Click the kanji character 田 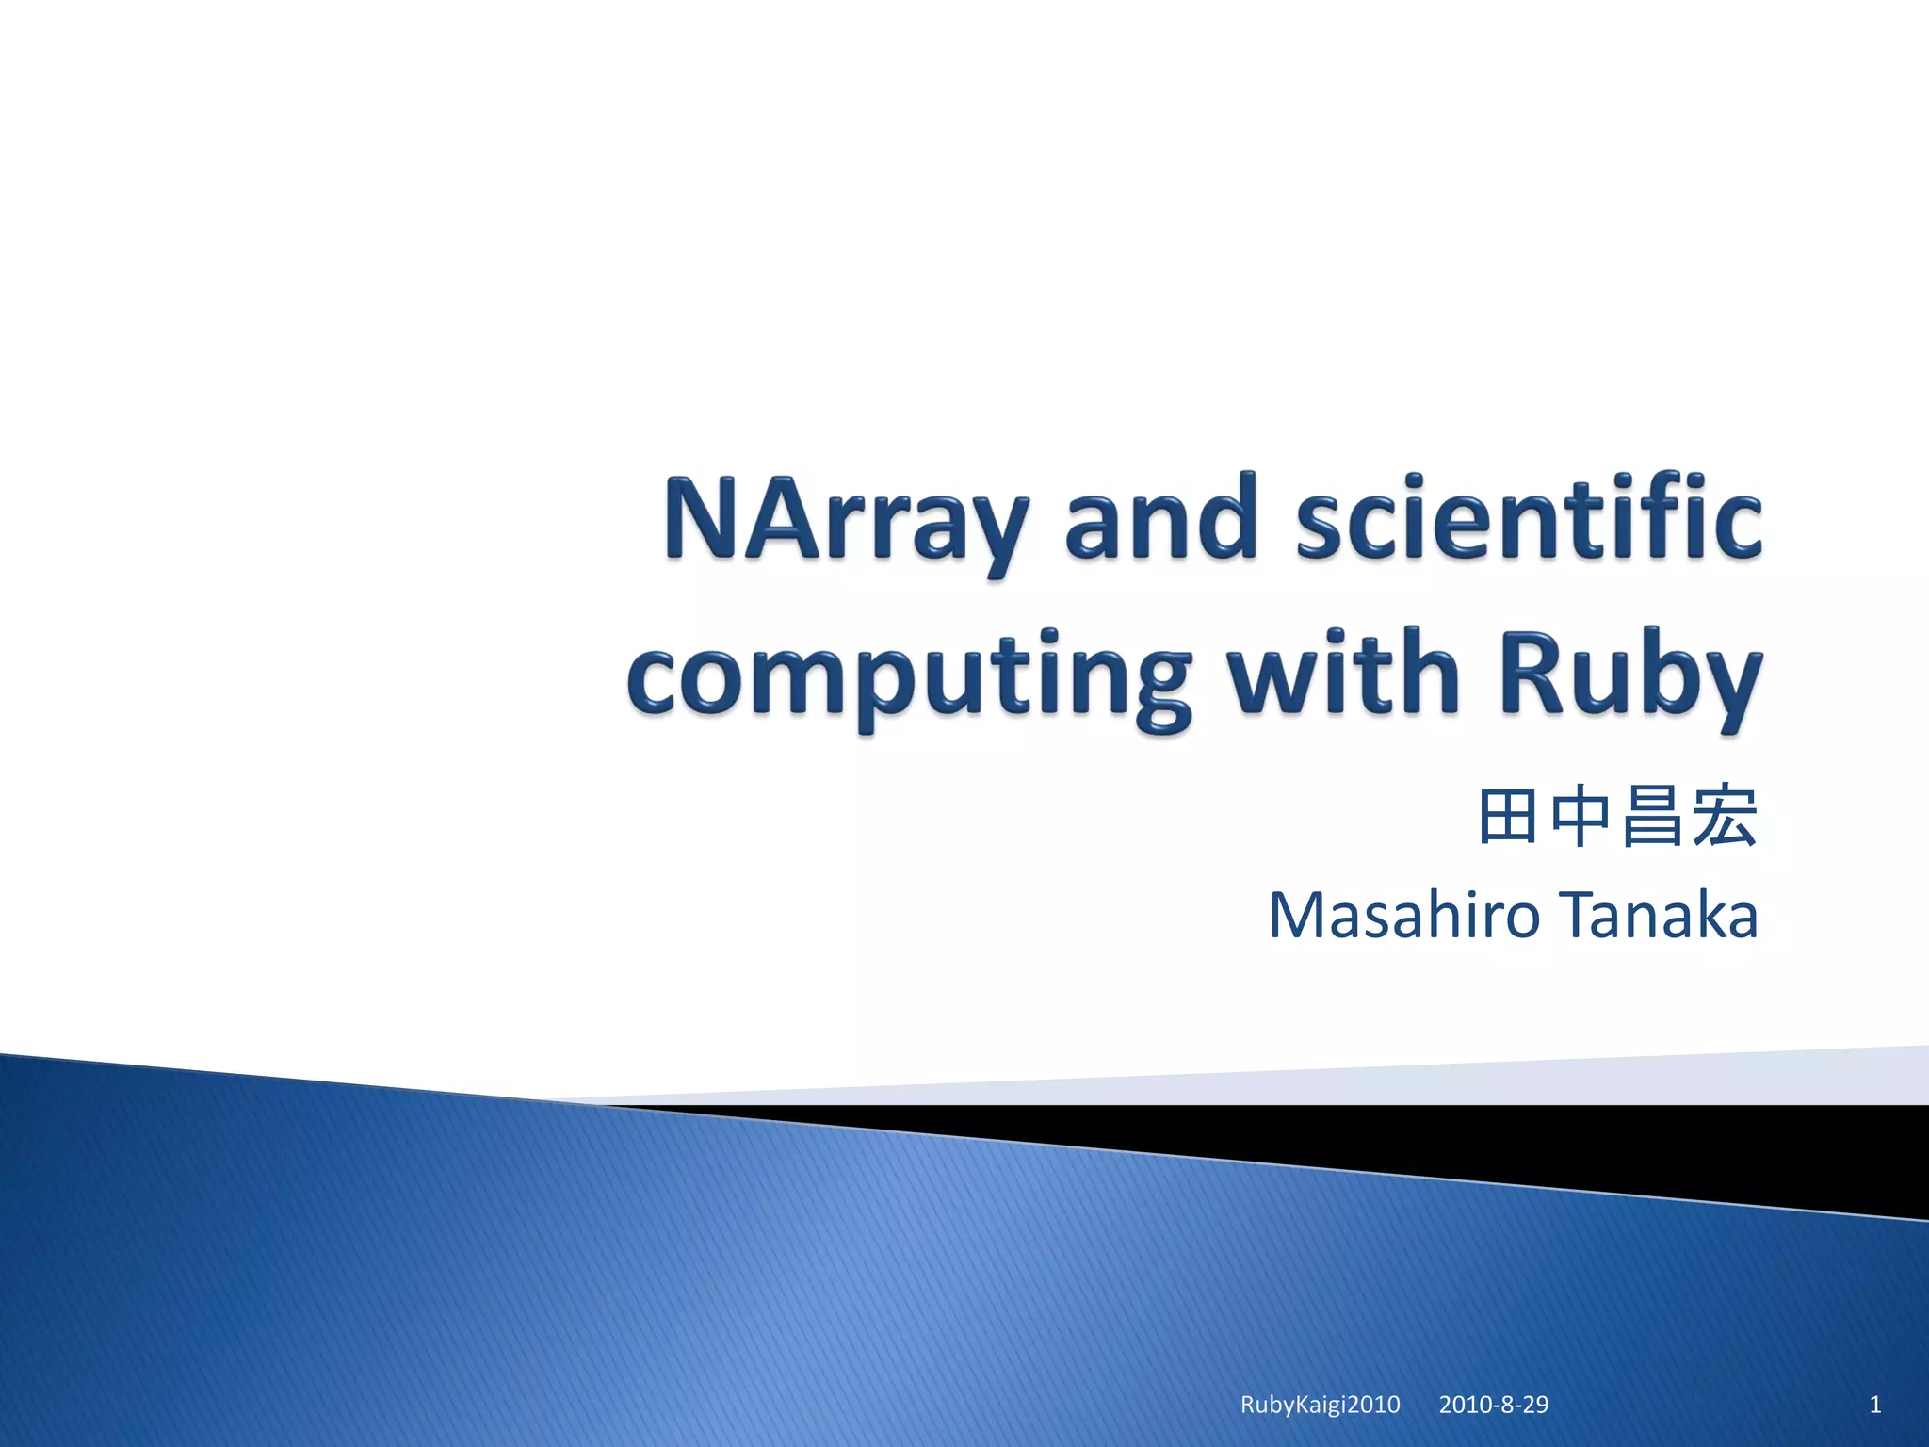click(x=1508, y=817)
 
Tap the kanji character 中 click(x=1580, y=817)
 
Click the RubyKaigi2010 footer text click(x=1320, y=1405)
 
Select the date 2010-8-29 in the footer click(x=1493, y=1405)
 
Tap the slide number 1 click(x=1874, y=1405)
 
